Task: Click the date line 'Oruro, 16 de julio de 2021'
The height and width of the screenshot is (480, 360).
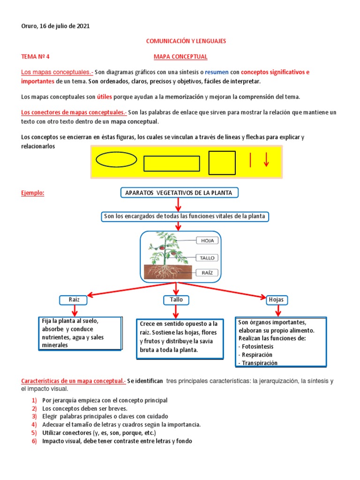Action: point(55,26)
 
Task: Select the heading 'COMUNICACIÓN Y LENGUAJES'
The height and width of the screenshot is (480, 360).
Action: point(186,41)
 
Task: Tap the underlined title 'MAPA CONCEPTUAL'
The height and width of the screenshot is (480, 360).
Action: point(180,57)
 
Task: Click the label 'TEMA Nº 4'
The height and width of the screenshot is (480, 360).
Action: point(35,57)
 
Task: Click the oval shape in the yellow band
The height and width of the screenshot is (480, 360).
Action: point(116,160)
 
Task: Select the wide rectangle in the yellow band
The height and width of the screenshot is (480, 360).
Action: point(172,164)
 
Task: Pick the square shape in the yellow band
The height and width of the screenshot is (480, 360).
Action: point(222,163)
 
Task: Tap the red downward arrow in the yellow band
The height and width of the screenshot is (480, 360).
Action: point(266,160)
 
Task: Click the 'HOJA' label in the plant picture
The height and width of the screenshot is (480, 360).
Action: point(207,240)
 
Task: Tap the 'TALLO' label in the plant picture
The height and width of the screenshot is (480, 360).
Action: point(207,258)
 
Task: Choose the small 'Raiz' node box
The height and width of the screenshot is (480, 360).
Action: point(74,300)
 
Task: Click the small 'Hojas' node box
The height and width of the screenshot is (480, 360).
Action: point(277,300)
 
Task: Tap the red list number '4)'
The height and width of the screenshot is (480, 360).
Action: point(34,425)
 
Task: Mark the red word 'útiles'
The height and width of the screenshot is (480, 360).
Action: point(105,97)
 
